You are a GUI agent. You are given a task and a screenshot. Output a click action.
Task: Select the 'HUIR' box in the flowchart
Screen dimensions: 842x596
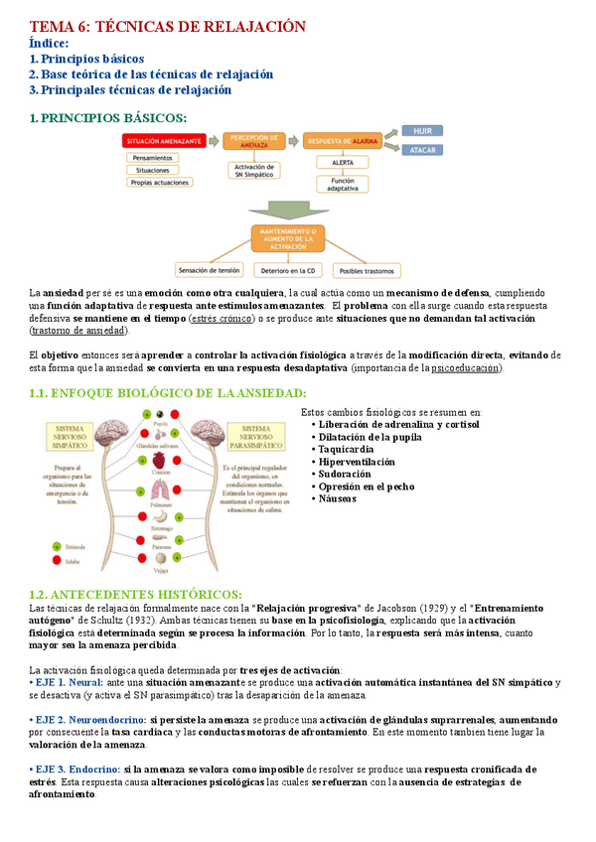coord(421,131)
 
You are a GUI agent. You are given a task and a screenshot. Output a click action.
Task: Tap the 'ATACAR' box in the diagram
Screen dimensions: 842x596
coord(421,150)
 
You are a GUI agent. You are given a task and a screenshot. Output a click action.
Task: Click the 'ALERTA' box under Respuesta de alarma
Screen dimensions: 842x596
coord(343,162)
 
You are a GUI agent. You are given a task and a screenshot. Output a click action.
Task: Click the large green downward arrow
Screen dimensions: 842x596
coord(288,210)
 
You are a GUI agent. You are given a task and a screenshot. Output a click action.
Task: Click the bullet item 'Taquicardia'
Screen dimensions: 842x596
coord(346,450)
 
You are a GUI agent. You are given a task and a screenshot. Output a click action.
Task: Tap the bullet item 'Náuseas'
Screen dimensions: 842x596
coord(338,498)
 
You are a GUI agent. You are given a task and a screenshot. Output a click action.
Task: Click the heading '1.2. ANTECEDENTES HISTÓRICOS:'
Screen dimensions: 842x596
coord(135,593)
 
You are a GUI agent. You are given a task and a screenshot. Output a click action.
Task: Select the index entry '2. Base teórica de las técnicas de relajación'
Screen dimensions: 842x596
coord(151,74)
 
